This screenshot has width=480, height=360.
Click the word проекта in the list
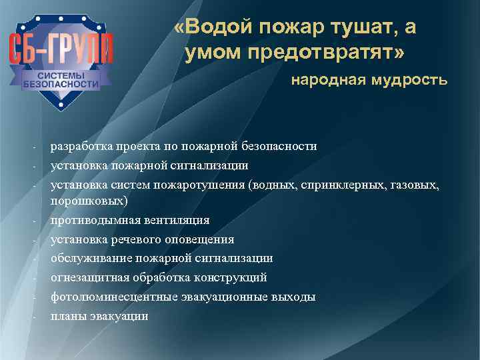click(x=134, y=146)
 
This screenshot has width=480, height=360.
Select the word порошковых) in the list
click(x=90, y=200)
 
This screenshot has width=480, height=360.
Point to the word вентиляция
click(x=173, y=220)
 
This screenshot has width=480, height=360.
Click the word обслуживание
click(x=87, y=258)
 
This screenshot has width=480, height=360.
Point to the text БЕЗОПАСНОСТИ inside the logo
click(x=61, y=85)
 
